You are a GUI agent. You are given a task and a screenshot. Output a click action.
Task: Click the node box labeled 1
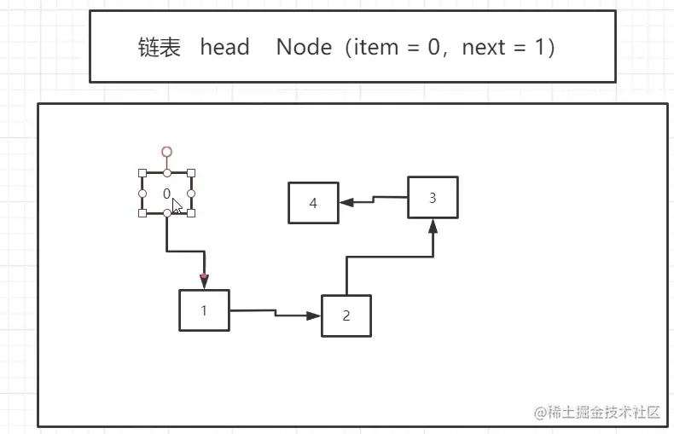(x=205, y=310)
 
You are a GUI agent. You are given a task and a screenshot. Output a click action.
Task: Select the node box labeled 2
(x=346, y=315)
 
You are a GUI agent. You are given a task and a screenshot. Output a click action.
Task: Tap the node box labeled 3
(x=433, y=198)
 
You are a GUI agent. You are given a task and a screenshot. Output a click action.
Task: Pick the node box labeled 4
(x=313, y=203)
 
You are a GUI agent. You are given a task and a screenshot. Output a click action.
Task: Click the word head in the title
(x=224, y=47)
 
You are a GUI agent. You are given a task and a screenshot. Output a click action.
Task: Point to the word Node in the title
(x=304, y=47)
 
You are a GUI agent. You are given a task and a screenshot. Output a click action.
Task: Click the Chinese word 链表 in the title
(x=159, y=47)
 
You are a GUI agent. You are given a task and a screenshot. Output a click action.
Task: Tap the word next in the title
(x=484, y=47)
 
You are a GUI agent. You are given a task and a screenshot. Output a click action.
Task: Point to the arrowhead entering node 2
(x=314, y=315)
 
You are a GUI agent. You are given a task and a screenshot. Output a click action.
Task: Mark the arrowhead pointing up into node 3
(x=433, y=226)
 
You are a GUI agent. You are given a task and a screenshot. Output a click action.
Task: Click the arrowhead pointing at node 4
(x=346, y=203)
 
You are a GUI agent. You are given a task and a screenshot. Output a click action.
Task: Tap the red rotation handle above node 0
(x=167, y=152)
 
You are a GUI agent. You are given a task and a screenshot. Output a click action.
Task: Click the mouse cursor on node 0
(x=177, y=205)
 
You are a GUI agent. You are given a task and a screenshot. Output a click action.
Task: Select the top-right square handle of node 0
(x=191, y=172)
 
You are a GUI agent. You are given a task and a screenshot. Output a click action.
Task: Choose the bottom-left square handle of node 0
(x=142, y=213)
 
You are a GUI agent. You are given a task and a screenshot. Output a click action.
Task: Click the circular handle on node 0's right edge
(x=191, y=194)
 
